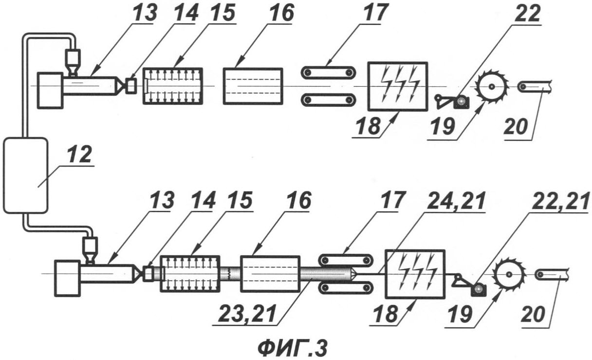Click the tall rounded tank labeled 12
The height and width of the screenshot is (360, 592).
(25, 175)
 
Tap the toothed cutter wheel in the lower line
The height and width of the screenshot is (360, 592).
(508, 275)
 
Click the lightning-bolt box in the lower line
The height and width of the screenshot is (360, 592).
(415, 273)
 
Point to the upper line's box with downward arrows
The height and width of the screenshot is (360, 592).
(173, 86)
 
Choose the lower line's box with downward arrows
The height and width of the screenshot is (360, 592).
(190, 273)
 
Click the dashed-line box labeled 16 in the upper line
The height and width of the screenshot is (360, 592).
(253, 86)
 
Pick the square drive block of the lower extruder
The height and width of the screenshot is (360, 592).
(68, 278)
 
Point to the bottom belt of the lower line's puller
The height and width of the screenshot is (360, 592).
(345, 288)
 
